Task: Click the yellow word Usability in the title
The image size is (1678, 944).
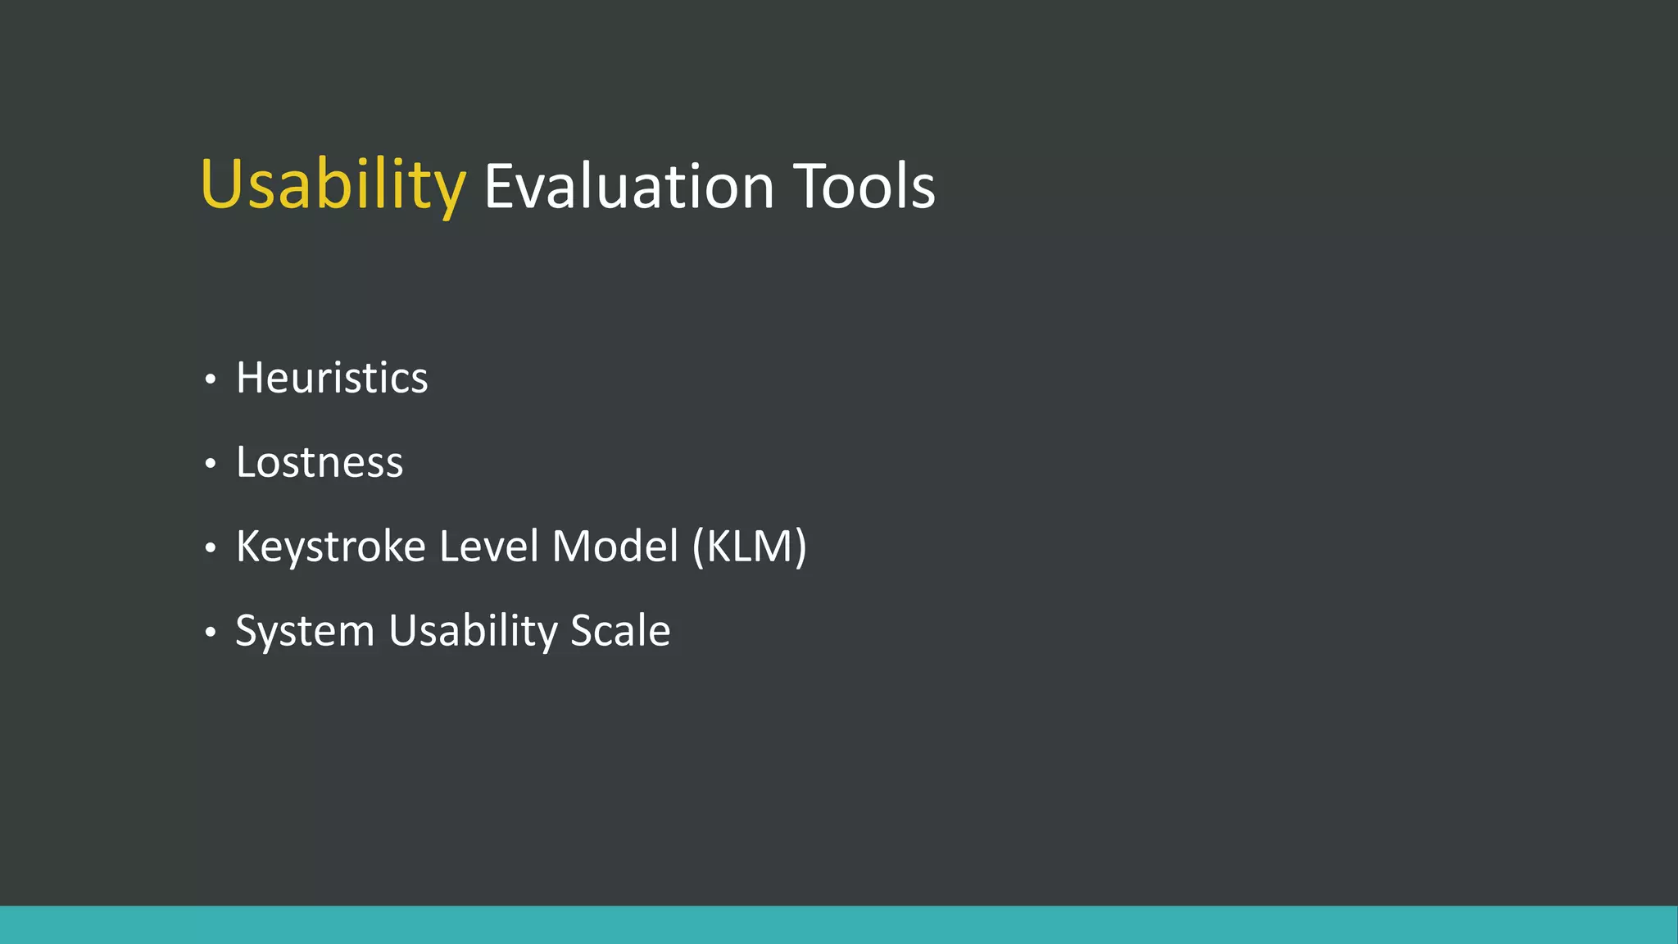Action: (333, 185)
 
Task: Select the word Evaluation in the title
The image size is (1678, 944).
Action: (628, 187)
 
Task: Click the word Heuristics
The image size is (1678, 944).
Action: (332, 378)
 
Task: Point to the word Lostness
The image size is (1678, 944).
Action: (320, 462)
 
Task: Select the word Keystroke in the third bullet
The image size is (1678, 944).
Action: (330, 547)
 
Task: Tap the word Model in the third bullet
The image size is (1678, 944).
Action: (615, 547)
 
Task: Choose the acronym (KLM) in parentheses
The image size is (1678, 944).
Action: (750, 547)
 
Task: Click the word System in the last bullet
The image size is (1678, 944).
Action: (305, 631)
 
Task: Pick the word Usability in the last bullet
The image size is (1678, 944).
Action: (473, 631)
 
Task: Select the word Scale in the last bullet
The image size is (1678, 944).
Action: (620, 631)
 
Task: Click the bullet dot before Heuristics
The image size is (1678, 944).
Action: (211, 379)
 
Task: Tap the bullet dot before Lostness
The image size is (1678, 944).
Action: (211, 464)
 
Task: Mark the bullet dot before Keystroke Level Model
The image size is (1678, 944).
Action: (211, 548)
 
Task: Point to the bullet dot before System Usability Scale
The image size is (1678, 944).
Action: (211, 633)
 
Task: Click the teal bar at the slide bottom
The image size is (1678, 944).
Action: (839, 925)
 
